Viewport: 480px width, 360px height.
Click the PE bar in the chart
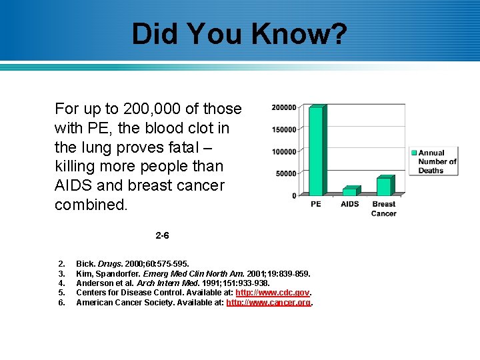[x=315, y=151]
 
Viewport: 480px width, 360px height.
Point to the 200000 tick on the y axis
[x=284, y=107]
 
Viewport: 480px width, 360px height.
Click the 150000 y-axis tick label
[x=284, y=129]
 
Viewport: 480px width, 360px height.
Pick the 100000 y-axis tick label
[x=284, y=151]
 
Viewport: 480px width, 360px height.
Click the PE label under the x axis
[x=315, y=204]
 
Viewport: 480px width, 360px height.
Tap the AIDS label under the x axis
[x=349, y=204]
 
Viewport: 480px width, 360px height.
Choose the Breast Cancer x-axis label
[x=383, y=209]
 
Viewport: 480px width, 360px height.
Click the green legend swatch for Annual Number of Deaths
[x=413, y=153]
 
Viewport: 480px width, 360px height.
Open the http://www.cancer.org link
[x=269, y=303]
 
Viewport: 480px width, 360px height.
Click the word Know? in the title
[x=306, y=34]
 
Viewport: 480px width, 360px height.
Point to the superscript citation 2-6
[x=162, y=235]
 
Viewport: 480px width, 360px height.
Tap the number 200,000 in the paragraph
[x=147, y=109]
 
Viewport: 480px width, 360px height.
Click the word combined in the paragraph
[x=91, y=205]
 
